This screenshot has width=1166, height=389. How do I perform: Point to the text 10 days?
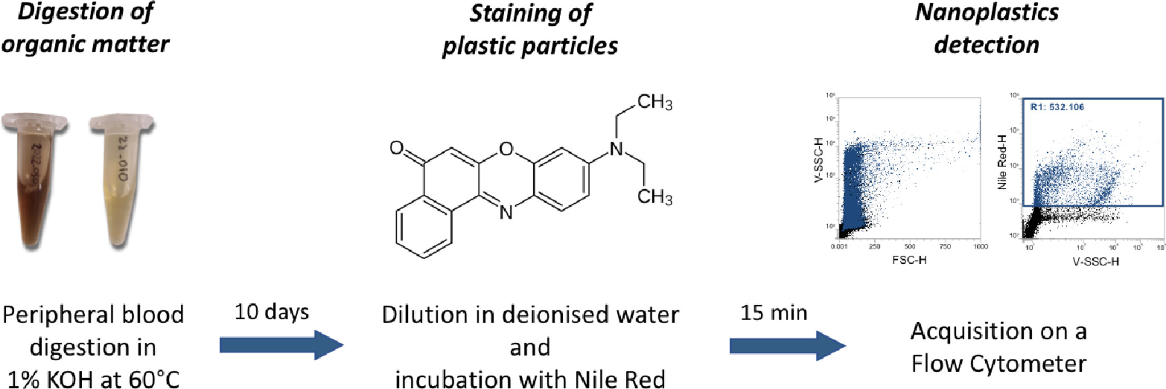coord(271,312)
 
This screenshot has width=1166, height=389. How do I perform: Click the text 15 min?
coord(773,313)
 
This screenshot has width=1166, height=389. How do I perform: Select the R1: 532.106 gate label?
coord(1057,107)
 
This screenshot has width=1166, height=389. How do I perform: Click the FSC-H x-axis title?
coord(909,260)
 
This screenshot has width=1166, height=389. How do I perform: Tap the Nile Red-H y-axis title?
coord(1002,162)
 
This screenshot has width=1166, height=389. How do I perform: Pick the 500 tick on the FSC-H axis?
coord(909,246)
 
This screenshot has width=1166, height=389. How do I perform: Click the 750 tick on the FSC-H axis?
coord(945,246)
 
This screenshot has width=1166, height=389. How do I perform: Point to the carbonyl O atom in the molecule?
coord(397,148)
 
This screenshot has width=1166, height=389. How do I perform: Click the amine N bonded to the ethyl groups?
coord(616,149)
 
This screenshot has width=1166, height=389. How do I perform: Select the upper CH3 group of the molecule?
coord(654,102)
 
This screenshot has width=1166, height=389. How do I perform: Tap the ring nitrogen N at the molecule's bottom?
coord(506,213)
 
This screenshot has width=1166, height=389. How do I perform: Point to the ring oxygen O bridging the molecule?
coord(506,149)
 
